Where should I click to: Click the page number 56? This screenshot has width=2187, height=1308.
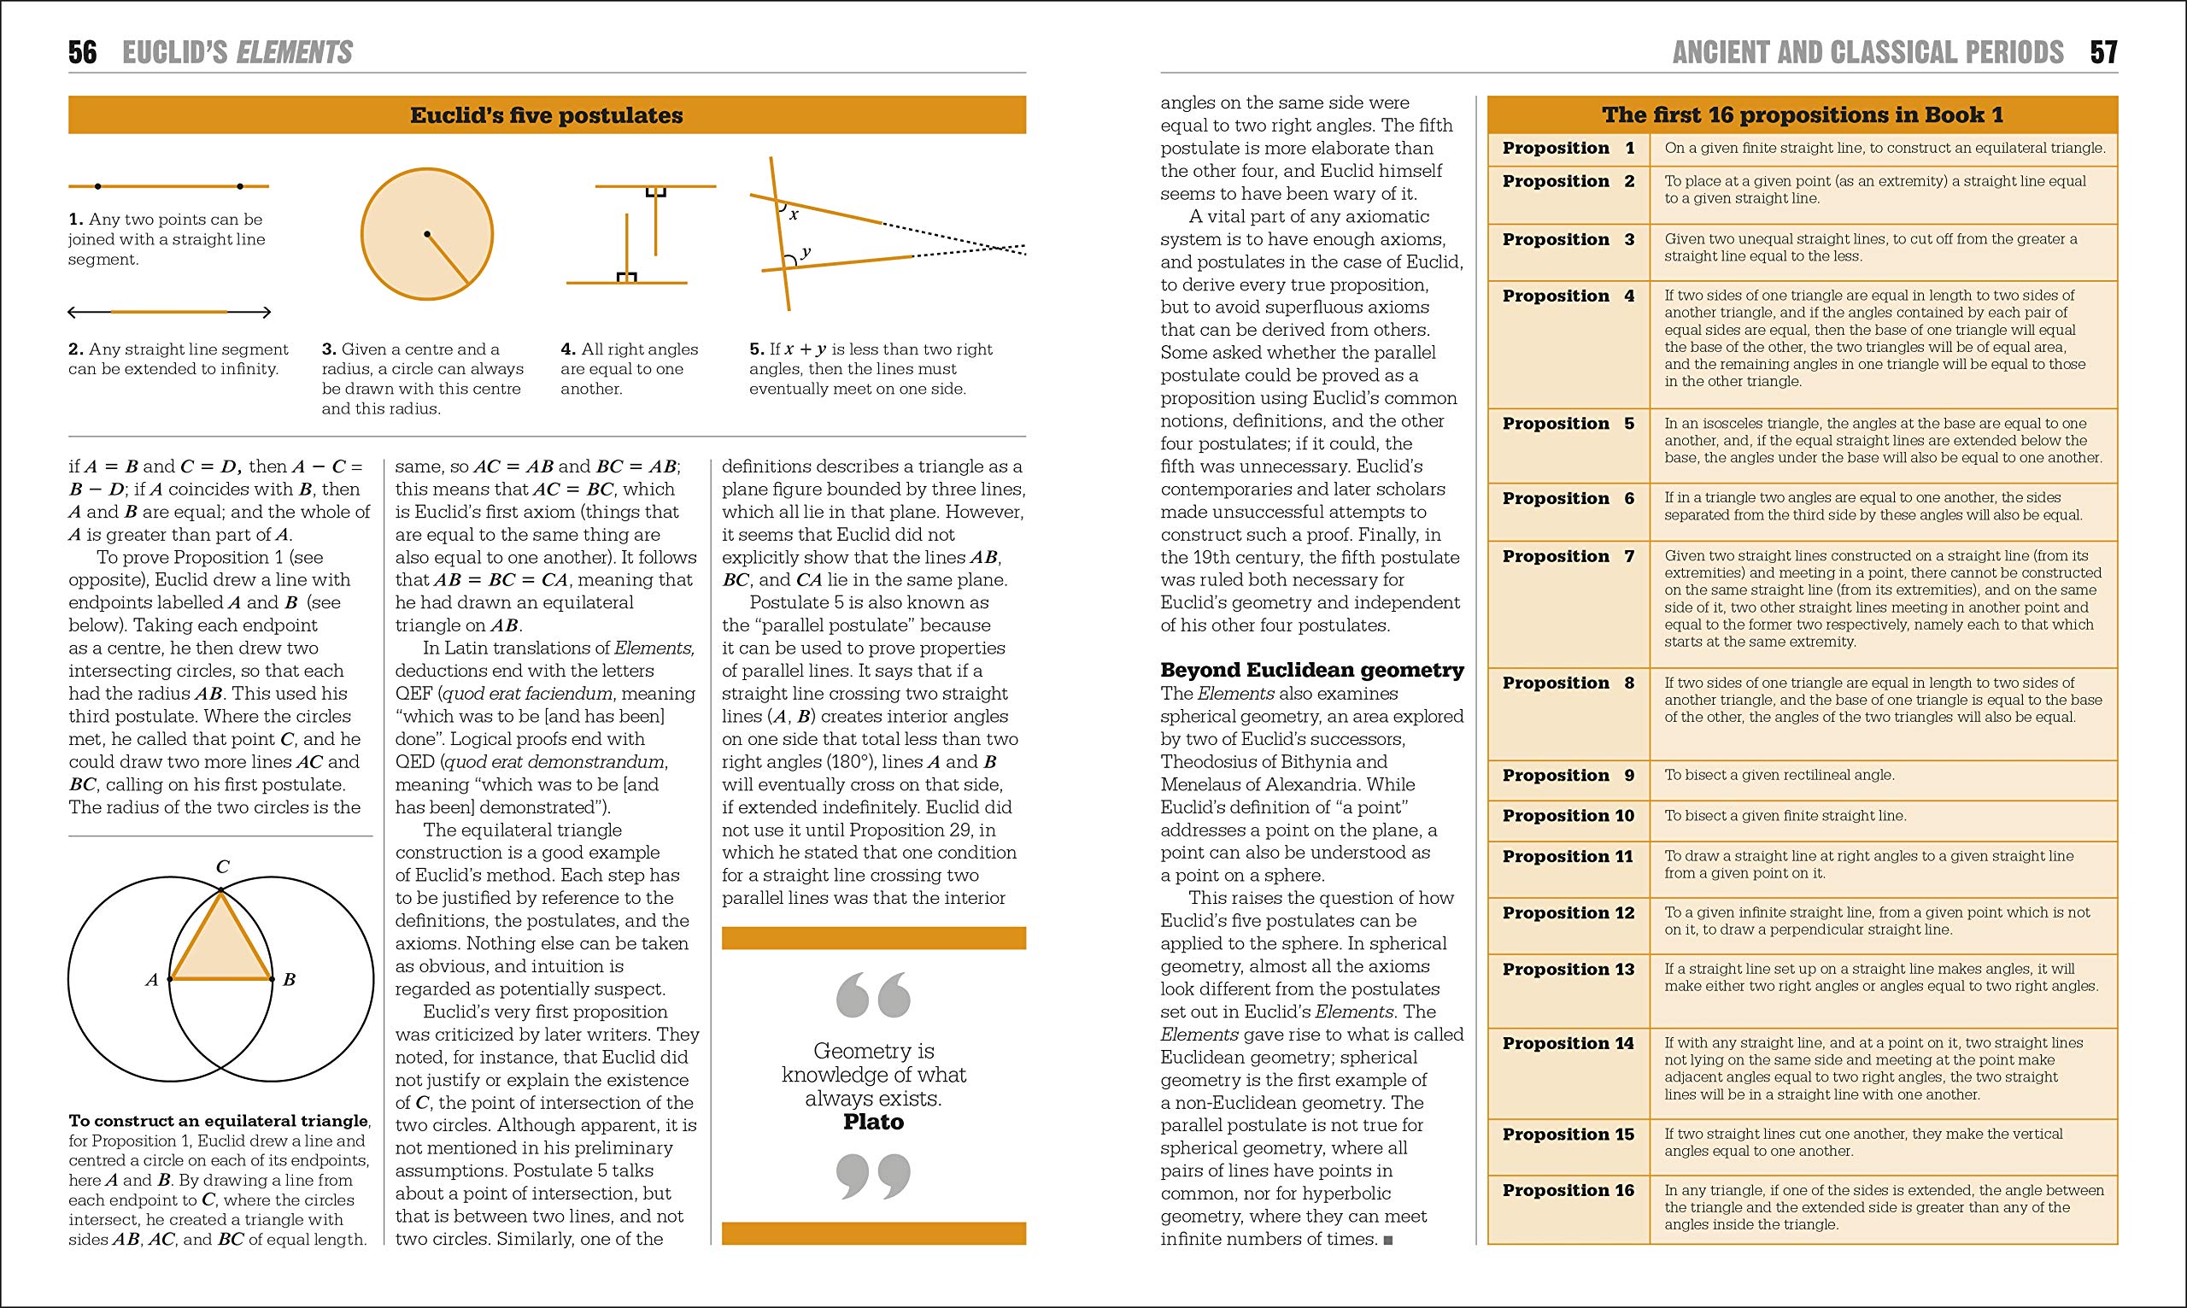coord(83,53)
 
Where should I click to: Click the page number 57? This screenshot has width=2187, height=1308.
coord(2103,53)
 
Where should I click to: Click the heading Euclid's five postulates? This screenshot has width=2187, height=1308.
coord(546,115)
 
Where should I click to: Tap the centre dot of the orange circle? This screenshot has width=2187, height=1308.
coord(426,233)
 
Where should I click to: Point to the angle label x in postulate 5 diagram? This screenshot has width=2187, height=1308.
coord(794,214)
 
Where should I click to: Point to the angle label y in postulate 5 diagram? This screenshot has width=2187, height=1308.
coord(806,252)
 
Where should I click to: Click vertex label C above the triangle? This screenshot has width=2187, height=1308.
coord(223,867)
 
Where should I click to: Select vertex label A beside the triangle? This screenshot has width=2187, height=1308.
coord(151,979)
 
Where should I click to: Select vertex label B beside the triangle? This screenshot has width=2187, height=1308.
coord(289,979)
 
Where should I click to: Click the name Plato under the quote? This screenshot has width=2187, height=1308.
coord(873,1122)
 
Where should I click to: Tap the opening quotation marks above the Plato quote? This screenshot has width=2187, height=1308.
coord(873,994)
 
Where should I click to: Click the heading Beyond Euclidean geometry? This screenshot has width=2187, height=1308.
coord(1311,670)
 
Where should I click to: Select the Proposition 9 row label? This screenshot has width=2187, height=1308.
coord(1568,776)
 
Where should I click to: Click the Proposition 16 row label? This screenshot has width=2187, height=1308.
coord(1568,1191)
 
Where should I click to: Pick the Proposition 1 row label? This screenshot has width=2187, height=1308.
coord(1568,148)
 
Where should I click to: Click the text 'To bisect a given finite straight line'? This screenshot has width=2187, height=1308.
coord(1785,816)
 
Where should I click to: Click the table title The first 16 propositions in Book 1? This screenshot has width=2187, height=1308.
coord(1802,115)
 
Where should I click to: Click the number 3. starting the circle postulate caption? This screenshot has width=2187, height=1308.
coord(329,350)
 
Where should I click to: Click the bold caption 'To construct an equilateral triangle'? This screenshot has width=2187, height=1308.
coord(219,1121)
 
